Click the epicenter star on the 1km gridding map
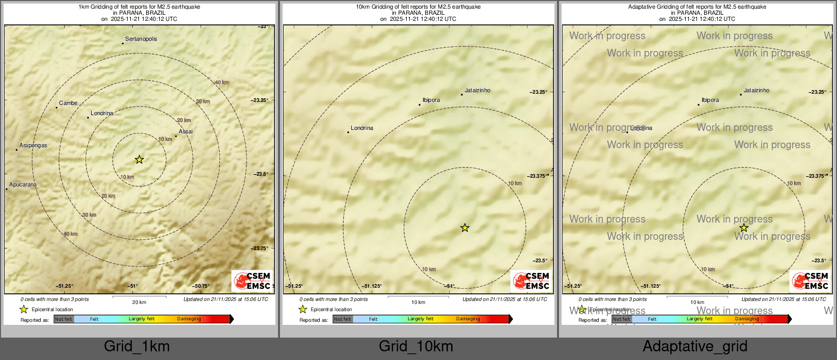click(139, 160)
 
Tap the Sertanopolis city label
click(141, 39)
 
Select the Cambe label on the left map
click(68, 103)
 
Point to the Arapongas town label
click(33, 146)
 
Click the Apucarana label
click(23, 185)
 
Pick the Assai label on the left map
click(186, 132)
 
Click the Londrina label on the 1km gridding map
click(102, 114)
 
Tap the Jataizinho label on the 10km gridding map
click(478, 91)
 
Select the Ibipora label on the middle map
click(431, 100)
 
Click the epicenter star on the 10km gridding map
click(465, 228)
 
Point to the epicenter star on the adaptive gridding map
click(744, 228)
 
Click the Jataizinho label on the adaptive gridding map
click(757, 91)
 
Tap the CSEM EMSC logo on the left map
click(252, 281)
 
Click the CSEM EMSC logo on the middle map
click(531, 281)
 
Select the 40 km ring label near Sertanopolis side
click(221, 82)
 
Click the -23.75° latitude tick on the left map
click(260, 248)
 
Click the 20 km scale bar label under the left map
click(139, 302)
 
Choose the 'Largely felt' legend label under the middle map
click(421, 319)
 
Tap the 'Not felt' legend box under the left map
click(64, 319)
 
